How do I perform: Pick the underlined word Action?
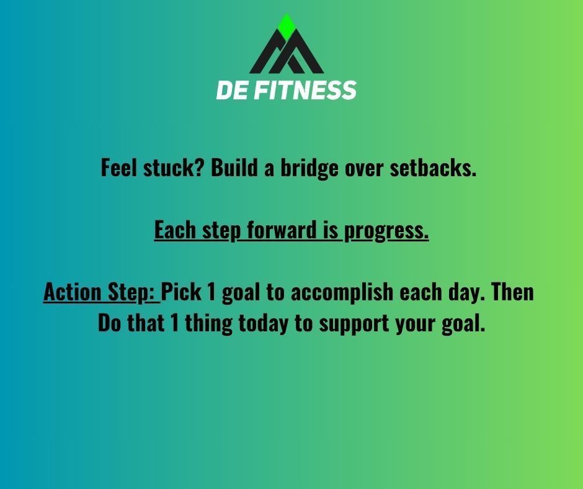tap(68, 292)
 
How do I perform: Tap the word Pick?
tap(182, 292)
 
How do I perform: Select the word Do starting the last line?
tap(109, 323)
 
